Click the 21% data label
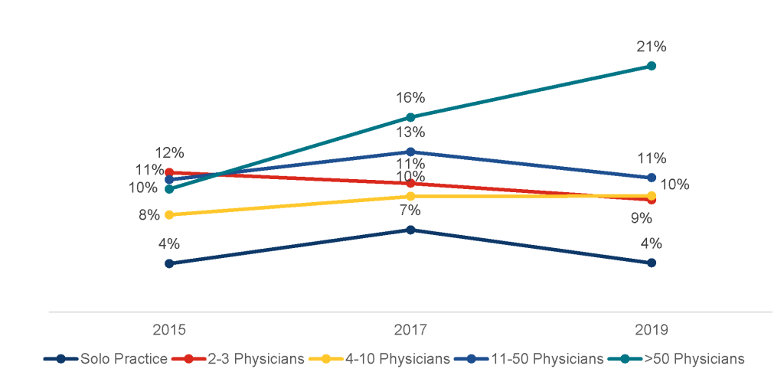pyautogui.click(x=652, y=47)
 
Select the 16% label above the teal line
pyautogui.click(x=410, y=98)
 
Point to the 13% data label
pyautogui.click(x=410, y=132)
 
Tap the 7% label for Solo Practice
pyautogui.click(x=410, y=211)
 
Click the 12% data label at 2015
pyautogui.click(x=169, y=153)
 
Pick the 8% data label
pyautogui.click(x=149, y=215)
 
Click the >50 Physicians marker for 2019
pyautogui.click(x=652, y=66)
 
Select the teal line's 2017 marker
pyautogui.click(x=410, y=117)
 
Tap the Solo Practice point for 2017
pyautogui.click(x=410, y=230)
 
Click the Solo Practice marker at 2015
pyautogui.click(x=169, y=263)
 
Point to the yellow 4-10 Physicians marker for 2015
pyautogui.click(x=169, y=214)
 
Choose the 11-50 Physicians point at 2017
pyautogui.click(x=410, y=152)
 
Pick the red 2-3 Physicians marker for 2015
pyautogui.click(x=169, y=173)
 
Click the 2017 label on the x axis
pyautogui.click(x=410, y=331)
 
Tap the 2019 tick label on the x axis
pyautogui.click(x=652, y=331)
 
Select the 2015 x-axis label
pyautogui.click(x=169, y=331)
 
